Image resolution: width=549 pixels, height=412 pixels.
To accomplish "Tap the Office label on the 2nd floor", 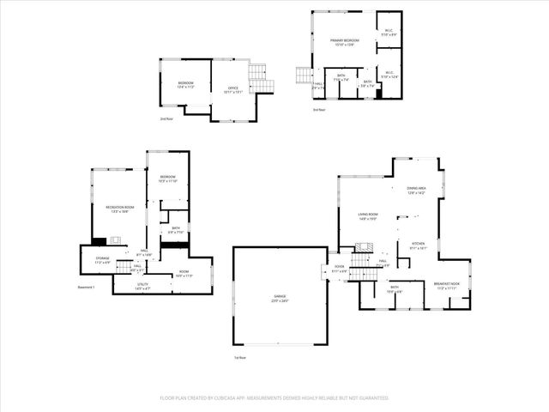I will tap(232, 88).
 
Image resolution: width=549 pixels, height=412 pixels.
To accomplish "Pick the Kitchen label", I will tap(418, 245).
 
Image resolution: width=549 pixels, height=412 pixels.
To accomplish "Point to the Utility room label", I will tap(142, 287).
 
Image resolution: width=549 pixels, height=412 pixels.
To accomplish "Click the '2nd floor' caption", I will tap(166, 118).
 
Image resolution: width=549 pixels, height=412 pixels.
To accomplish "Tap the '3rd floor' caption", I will tap(318, 109).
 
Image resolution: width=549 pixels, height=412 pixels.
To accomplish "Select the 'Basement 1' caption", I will tap(86, 287).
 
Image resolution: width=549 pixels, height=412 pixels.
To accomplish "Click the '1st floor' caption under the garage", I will tap(240, 357).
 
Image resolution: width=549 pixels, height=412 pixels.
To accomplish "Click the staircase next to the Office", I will tap(260, 80).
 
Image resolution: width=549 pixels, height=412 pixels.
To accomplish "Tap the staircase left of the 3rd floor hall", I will tap(304, 76).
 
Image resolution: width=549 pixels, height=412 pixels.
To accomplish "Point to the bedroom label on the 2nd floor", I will tap(186, 84).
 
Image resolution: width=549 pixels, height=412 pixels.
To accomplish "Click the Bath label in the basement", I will tap(175, 231).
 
